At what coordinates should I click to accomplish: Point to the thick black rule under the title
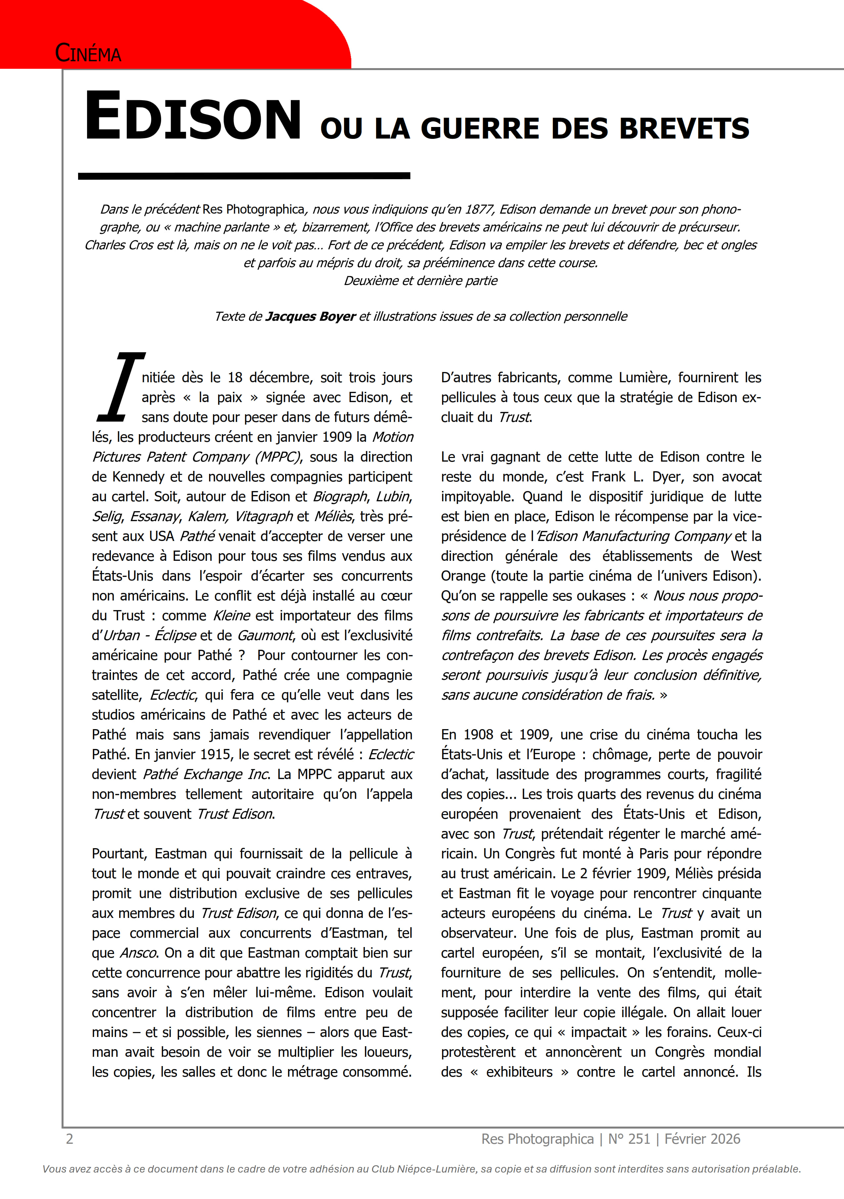pos(244,176)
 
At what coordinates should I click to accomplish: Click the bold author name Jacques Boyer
pos(310,316)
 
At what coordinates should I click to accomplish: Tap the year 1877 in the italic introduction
pos(479,209)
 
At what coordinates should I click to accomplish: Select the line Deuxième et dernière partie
pos(421,281)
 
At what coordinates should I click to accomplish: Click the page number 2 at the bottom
pos(69,1138)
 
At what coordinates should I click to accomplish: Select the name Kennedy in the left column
pos(139,477)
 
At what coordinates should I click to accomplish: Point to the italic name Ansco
pos(139,953)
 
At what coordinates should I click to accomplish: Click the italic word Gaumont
pos(265,636)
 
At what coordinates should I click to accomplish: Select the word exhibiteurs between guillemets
pos(519,1072)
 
